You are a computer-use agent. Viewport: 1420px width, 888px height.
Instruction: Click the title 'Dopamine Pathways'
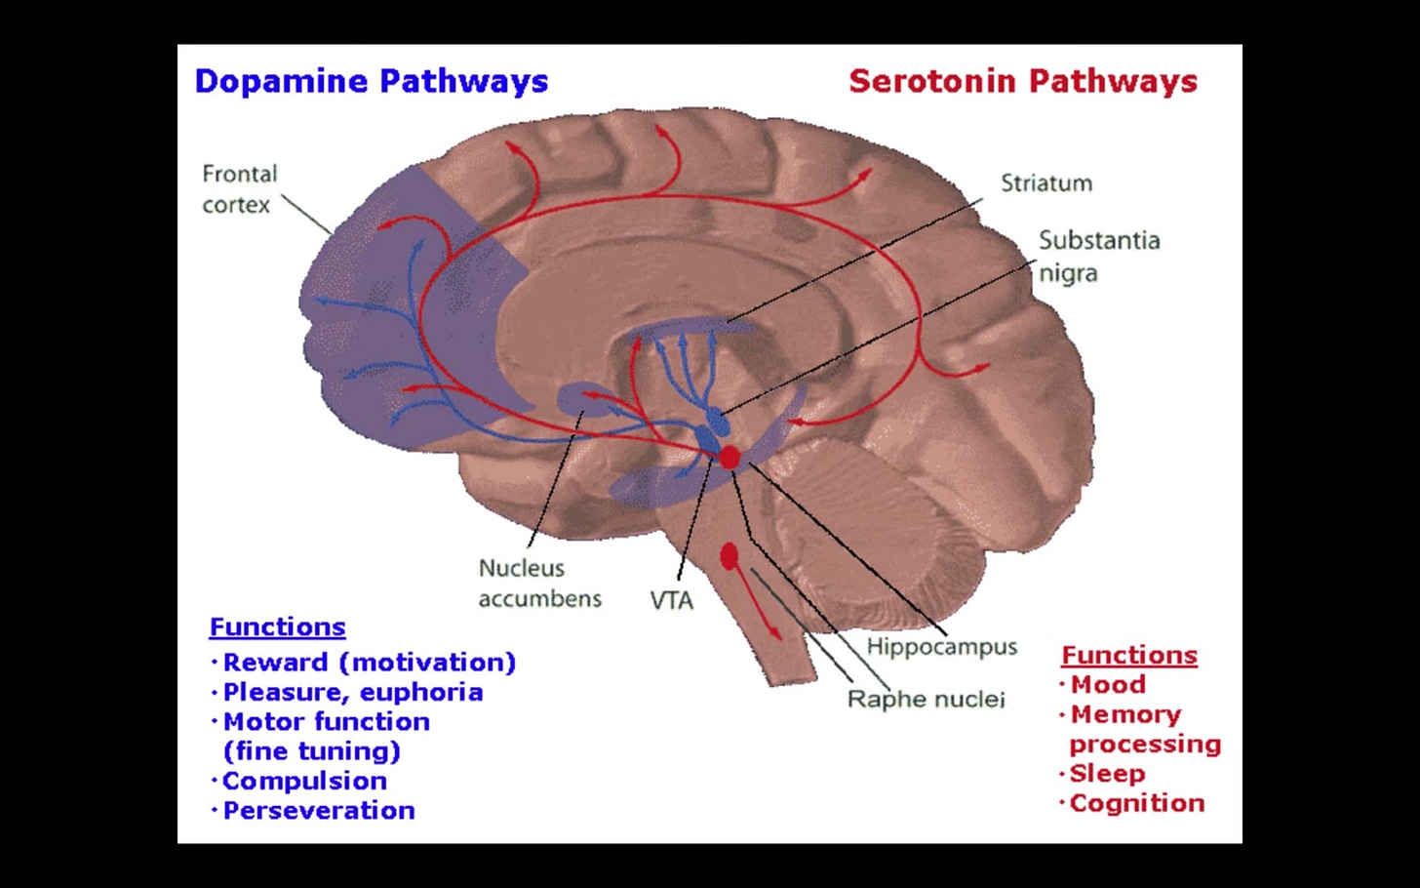[372, 81]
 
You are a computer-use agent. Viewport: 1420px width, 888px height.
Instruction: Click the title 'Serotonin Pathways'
[1023, 81]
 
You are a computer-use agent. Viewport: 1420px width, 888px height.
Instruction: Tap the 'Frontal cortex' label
[239, 189]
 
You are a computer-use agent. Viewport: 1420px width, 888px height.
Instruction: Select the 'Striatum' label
[1046, 183]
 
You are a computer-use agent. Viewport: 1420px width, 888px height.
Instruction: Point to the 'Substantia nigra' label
[1098, 256]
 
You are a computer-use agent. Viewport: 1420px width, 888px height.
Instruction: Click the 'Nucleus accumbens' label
[539, 584]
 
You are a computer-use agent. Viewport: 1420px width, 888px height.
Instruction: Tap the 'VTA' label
[671, 600]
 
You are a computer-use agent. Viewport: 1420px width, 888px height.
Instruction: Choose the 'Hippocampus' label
[941, 647]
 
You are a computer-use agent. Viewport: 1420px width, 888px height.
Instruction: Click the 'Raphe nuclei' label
[926, 699]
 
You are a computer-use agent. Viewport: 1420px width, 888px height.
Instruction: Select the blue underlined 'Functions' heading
[278, 626]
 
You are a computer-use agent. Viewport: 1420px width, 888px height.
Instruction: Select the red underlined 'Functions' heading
[1129, 655]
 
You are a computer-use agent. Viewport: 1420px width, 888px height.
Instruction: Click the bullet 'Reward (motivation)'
[369, 663]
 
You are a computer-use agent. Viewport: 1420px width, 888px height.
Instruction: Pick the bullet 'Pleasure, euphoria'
[353, 692]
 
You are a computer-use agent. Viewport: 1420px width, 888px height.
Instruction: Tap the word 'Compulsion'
[304, 781]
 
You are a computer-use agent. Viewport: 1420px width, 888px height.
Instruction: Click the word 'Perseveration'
[319, 810]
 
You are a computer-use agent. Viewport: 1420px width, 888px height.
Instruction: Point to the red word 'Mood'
[1108, 685]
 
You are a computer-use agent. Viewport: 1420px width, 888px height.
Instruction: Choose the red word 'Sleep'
[1107, 774]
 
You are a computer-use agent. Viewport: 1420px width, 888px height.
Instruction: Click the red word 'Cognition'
[1137, 803]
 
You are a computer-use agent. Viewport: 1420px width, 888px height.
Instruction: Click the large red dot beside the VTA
[730, 457]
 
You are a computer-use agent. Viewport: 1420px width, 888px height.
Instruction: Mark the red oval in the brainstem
[729, 556]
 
